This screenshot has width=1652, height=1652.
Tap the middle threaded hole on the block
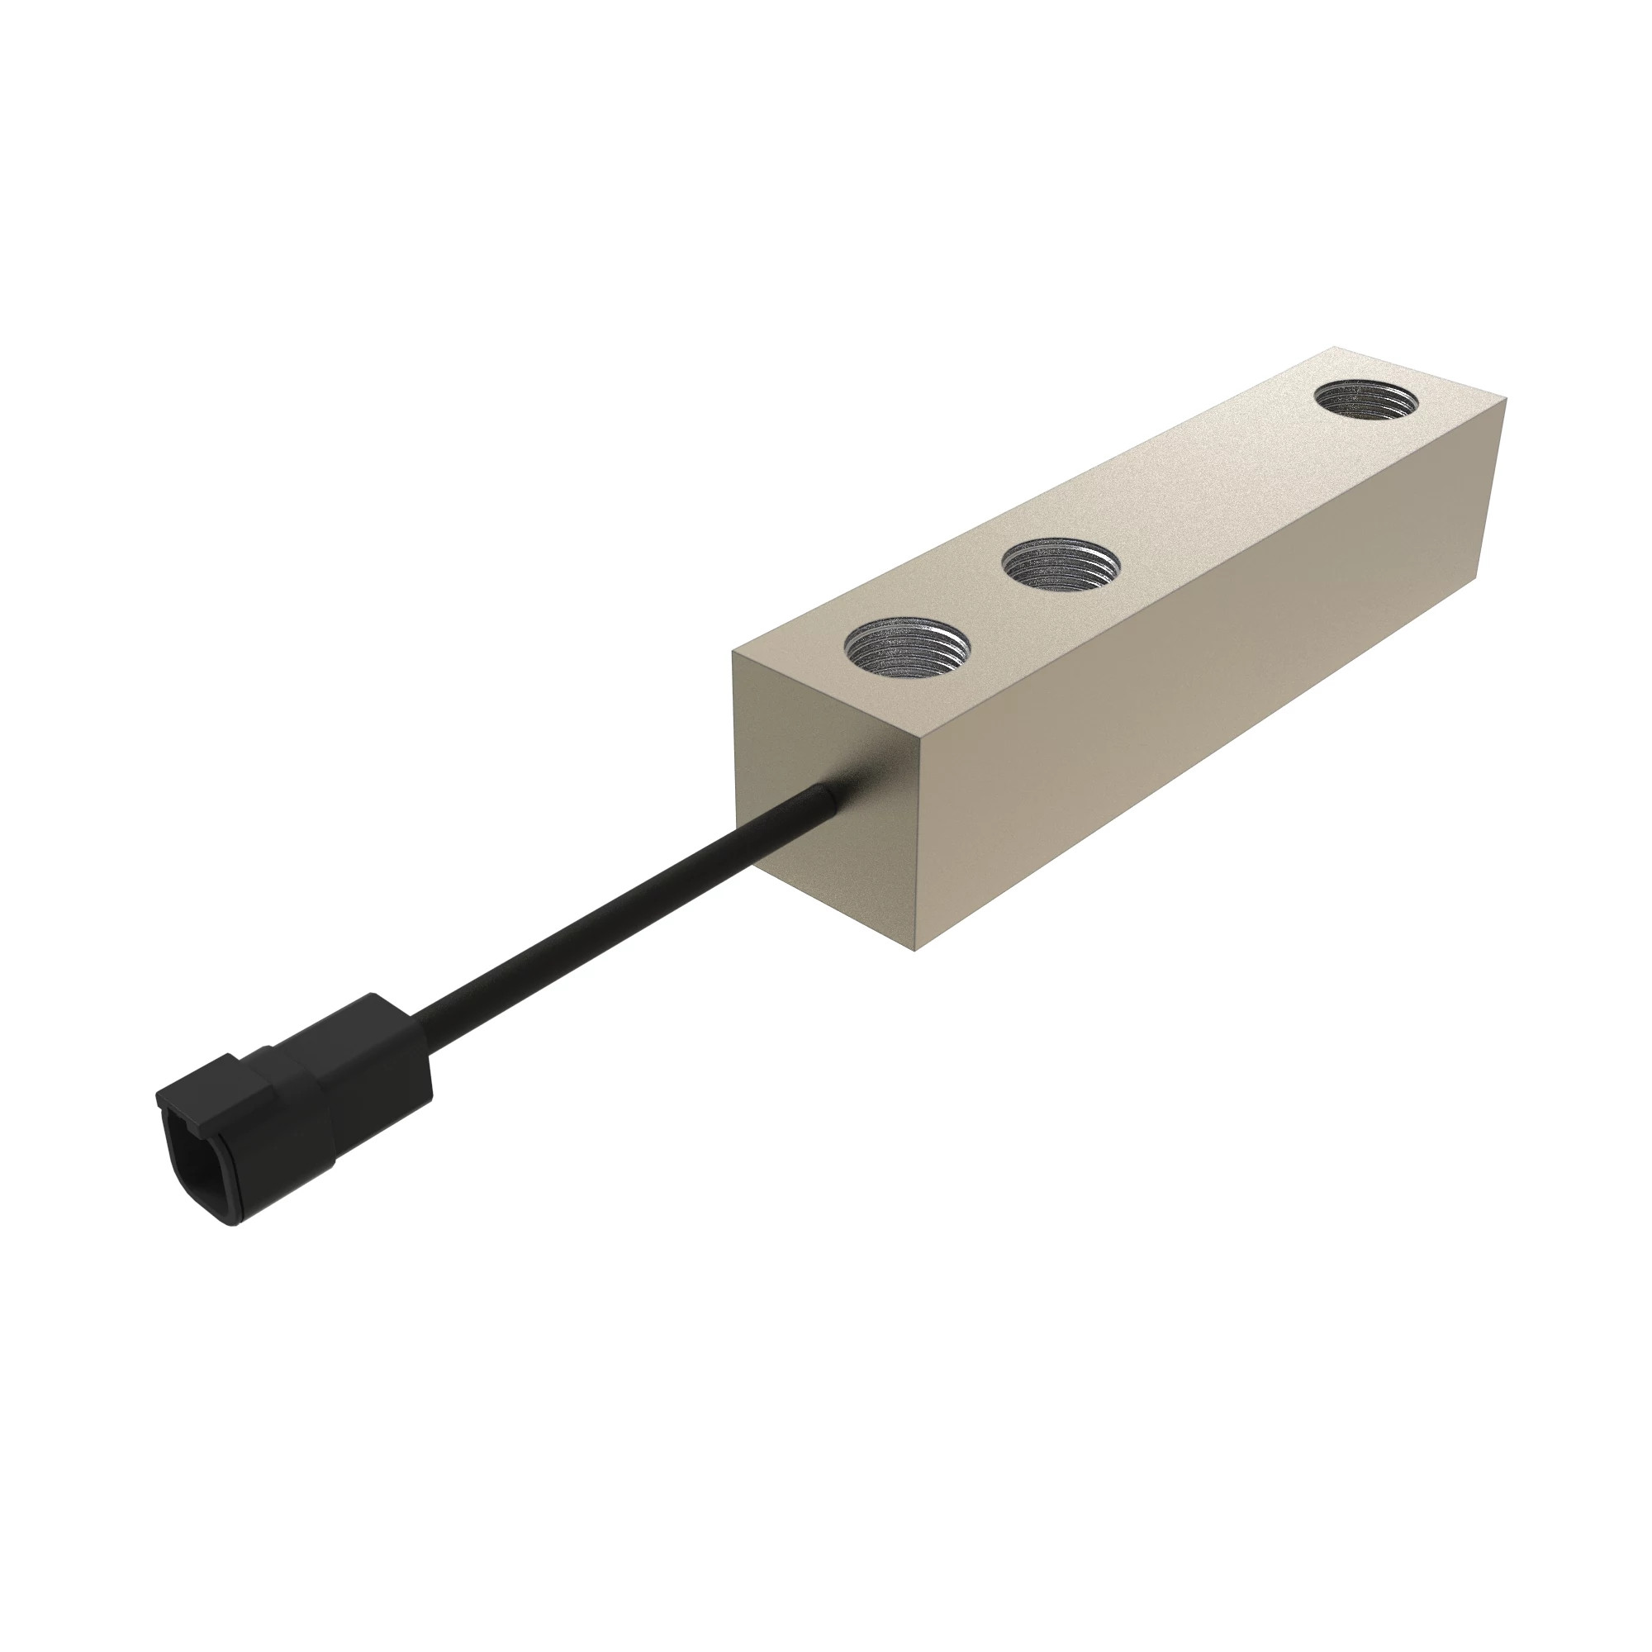point(1061,566)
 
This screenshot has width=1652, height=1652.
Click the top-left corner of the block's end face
point(733,653)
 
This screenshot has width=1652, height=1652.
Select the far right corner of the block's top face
point(1505,400)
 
